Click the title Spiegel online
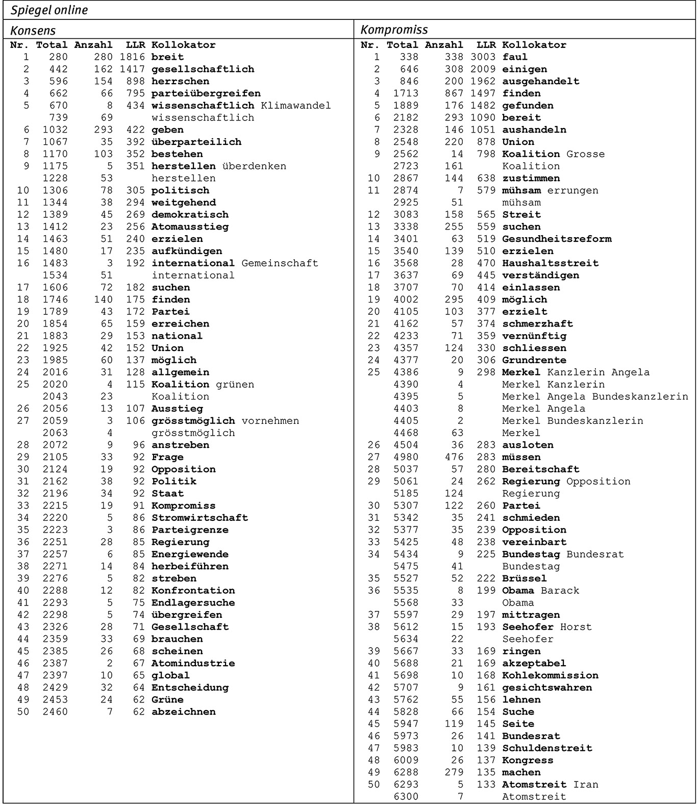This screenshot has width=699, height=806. click(x=49, y=10)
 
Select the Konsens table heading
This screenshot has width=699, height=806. click(x=33, y=30)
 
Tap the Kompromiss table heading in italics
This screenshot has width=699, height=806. click(x=394, y=30)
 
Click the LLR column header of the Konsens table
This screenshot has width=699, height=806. click(x=135, y=45)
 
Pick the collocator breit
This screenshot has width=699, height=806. click(x=167, y=57)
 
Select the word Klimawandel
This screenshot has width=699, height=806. click(x=295, y=106)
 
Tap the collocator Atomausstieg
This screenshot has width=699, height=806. click(x=190, y=227)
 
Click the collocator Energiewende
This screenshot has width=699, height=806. click(x=190, y=555)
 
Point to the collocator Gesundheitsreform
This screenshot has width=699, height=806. click(x=557, y=239)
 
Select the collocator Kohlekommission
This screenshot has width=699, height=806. click(x=550, y=676)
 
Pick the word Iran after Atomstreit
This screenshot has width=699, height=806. click(x=585, y=785)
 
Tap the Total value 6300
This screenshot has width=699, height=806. click(x=406, y=797)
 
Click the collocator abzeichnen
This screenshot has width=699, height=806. click(x=183, y=712)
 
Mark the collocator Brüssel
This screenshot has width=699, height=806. click(x=524, y=578)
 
